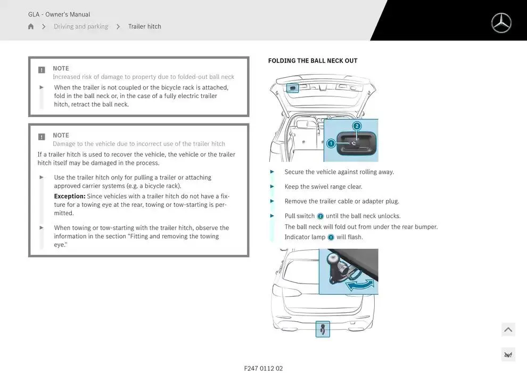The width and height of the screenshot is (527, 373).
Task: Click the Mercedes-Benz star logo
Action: pos(501,23)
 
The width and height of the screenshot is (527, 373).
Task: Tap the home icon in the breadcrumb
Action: pos(31,27)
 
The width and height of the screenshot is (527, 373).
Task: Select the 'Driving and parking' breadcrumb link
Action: pos(81,27)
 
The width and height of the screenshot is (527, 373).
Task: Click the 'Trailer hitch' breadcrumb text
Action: pos(144,27)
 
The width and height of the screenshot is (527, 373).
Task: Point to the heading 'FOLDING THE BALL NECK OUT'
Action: pos(312,61)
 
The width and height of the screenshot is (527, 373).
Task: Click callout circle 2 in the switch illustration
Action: pos(357,126)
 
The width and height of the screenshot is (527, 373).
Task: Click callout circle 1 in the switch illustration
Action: pos(331,143)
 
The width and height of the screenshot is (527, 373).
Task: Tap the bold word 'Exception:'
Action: pos(70,196)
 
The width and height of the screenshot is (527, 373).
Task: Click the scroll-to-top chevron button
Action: pos(508,330)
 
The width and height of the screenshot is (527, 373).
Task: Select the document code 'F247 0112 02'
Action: pos(263,368)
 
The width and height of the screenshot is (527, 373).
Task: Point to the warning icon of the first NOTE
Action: pos(42,70)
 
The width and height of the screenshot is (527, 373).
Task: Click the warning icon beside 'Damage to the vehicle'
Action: pos(42,137)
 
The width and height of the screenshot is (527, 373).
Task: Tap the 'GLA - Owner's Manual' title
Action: pos(59,14)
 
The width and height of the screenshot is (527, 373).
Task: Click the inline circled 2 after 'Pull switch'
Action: pos(320,216)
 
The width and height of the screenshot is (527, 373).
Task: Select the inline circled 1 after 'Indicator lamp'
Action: pos(331,237)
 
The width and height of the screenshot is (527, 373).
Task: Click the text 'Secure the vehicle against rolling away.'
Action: pos(339,172)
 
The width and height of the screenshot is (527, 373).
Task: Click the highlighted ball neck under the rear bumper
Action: pos(323,329)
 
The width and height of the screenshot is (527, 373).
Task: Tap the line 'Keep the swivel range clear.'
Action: pos(323,187)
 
